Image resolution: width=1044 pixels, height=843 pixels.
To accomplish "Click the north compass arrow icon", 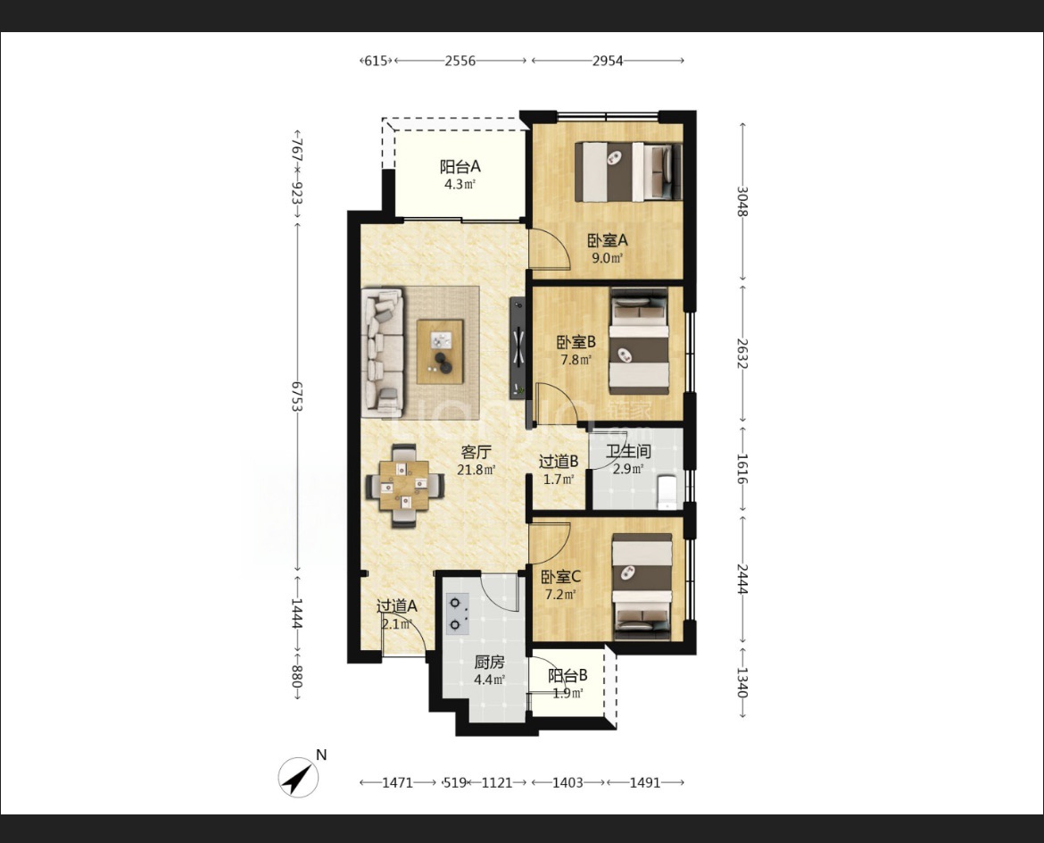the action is click(x=298, y=776).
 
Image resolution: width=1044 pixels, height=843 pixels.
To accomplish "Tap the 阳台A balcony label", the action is click(x=460, y=167).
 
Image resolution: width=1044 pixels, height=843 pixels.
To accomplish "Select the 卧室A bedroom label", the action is click(x=608, y=240).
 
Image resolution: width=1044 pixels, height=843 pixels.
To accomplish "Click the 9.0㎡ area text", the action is click(x=608, y=258).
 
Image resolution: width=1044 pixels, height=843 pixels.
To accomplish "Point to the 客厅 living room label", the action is click(x=476, y=453).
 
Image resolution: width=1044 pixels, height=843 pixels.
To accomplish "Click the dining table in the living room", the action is click(x=405, y=486).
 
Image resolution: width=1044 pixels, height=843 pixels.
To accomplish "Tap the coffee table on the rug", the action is click(x=440, y=352).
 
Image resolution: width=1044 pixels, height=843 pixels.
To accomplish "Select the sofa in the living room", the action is click(x=383, y=353).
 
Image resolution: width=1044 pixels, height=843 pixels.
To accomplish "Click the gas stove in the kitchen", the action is click(x=457, y=613).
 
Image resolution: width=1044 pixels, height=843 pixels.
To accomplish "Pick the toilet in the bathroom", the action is click(x=667, y=491).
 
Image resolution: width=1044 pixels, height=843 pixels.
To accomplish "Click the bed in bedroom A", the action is click(x=628, y=172).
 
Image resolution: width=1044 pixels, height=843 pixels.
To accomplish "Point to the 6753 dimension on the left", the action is click(x=297, y=396).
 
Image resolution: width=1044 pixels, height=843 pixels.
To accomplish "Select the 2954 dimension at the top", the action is click(x=608, y=61).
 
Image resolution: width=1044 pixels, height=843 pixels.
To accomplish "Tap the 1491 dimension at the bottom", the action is click(x=644, y=782).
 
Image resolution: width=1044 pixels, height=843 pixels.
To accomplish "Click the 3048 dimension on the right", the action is click(x=742, y=201).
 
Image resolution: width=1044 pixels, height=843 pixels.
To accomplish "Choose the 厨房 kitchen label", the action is click(x=489, y=663).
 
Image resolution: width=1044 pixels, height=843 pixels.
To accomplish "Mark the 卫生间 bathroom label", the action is click(x=628, y=451).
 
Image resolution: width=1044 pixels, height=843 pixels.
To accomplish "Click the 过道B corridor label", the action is click(x=558, y=461).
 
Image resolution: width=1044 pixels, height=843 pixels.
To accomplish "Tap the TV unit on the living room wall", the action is click(x=518, y=348).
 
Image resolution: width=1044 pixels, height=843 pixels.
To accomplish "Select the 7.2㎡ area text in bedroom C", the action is click(x=560, y=595).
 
